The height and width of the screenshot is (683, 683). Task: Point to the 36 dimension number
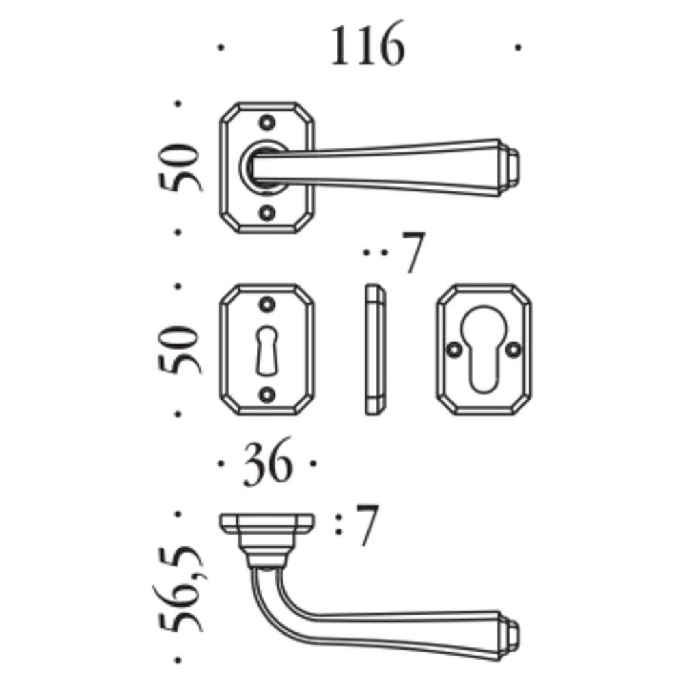[267, 462]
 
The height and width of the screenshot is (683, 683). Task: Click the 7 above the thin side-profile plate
[412, 252]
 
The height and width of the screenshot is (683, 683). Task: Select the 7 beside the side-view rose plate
[366, 524]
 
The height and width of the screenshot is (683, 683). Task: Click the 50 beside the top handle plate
[180, 168]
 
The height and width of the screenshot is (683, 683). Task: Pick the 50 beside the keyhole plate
[180, 350]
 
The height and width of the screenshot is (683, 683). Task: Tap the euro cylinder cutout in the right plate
[484, 344]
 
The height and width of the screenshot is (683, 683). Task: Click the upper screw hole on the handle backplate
[266, 122]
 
